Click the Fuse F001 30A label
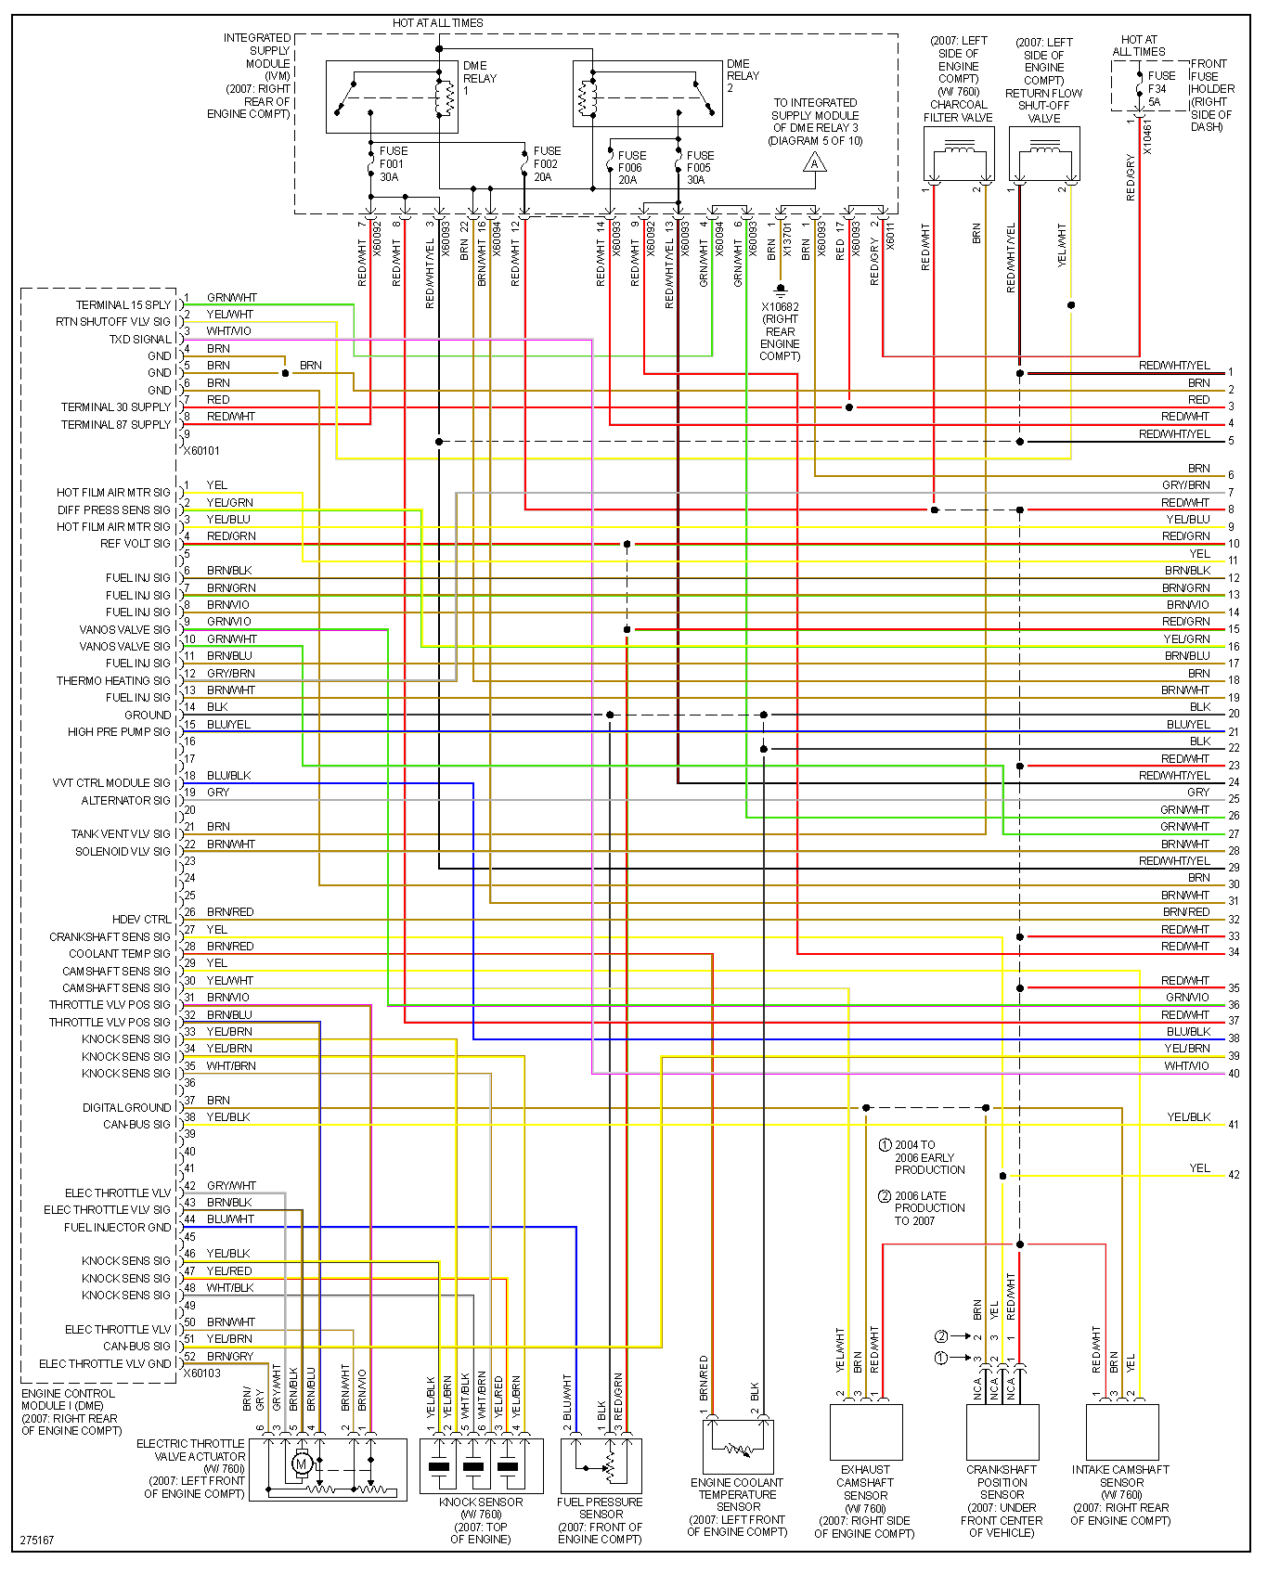pyautogui.click(x=392, y=164)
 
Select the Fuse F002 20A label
pyautogui.click(x=546, y=164)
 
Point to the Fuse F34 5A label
pyautogui.click(x=1160, y=89)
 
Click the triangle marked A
pyautogui.click(x=814, y=164)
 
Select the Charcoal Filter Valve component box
pyautogui.click(x=959, y=154)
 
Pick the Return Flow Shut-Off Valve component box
pyautogui.click(x=1044, y=154)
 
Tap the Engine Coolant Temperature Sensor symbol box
pyautogui.click(x=738, y=1446)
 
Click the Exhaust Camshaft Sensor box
pyautogui.click(x=865, y=1432)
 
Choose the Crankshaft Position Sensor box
pyautogui.click(x=1002, y=1432)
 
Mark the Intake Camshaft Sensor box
pyautogui.click(x=1121, y=1432)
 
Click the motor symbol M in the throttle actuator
pyautogui.click(x=301, y=1464)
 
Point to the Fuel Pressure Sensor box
pyautogui.click(x=601, y=1465)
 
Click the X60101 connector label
pyautogui.click(x=201, y=451)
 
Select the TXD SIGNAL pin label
pyautogui.click(x=140, y=340)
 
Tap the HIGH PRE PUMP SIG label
pyautogui.click(x=119, y=732)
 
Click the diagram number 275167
pyautogui.click(x=37, y=1541)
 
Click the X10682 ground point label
pyautogui.click(x=780, y=307)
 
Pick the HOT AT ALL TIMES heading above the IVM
pyautogui.click(x=437, y=22)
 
